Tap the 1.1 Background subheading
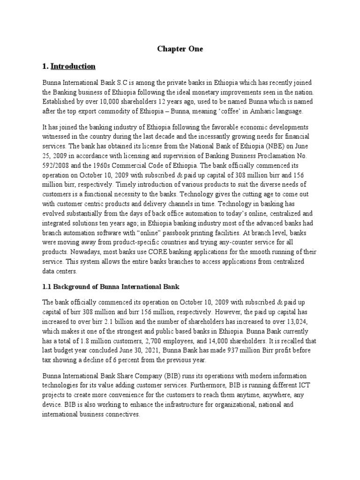click(x=112, y=286)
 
